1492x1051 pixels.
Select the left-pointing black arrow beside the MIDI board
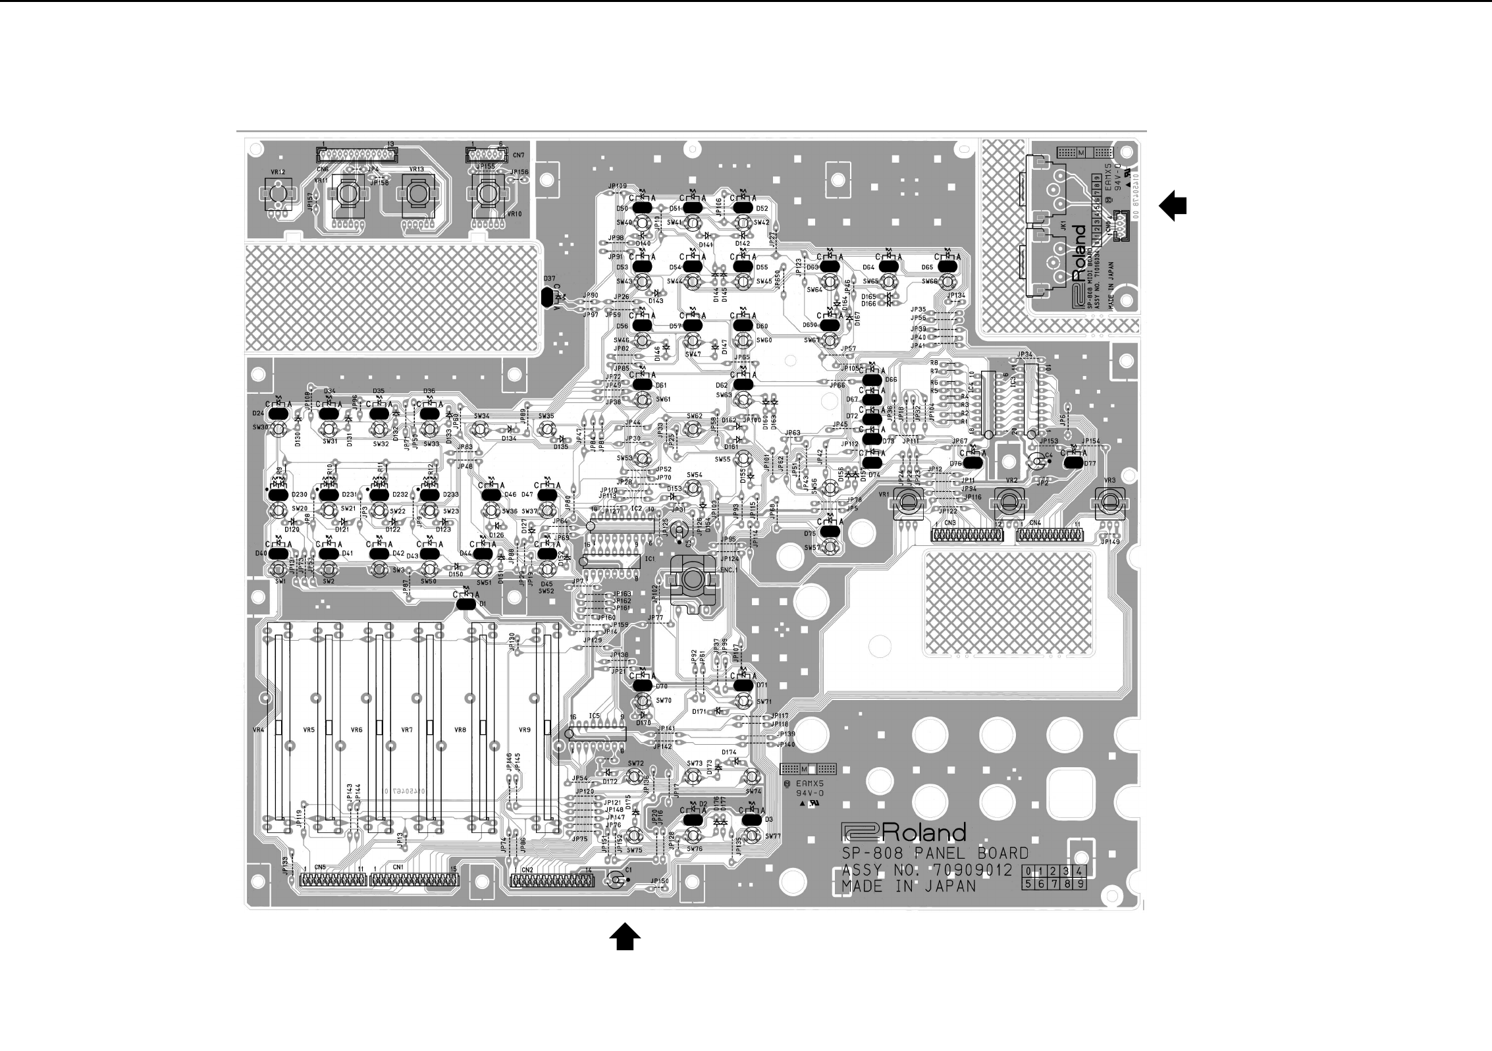click(x=1173, y=206)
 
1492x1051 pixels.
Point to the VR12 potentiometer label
click(x=278, y=172)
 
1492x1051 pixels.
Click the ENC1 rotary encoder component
click(x=691, y=579)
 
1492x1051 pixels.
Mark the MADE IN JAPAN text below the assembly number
click(x=909, y=887)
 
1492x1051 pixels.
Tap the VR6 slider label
click(x=356, y=730)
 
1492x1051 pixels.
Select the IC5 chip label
click(x=595, y=716)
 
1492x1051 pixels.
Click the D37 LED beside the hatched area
click(x=548, y=298)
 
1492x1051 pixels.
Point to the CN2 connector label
click(x=527, y=870)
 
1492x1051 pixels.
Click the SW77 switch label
click(x=773, y=836)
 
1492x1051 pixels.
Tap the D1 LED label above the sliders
click(x=483, y=604)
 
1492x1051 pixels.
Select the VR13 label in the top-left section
click(x=416, y=169)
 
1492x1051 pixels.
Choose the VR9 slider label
click(x=524, y=730)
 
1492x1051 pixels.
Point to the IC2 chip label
click(x=636, y=509)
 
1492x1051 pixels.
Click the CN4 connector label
click(x=1035, y=523)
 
